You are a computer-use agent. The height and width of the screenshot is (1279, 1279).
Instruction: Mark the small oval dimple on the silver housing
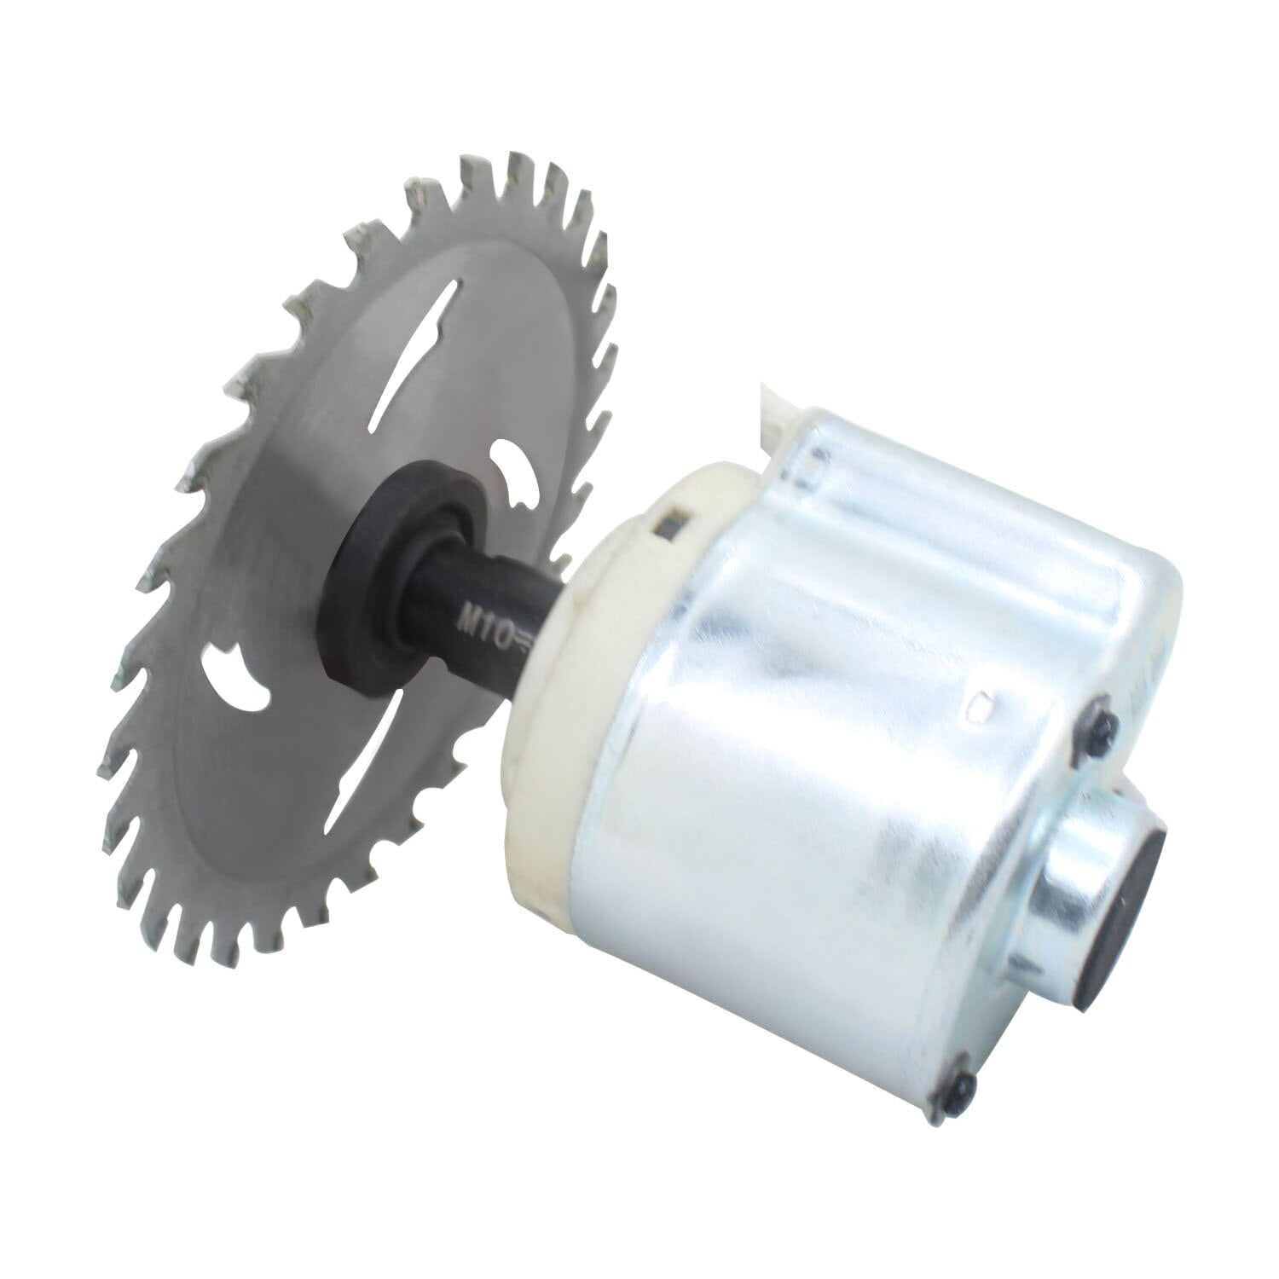point(981,704)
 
